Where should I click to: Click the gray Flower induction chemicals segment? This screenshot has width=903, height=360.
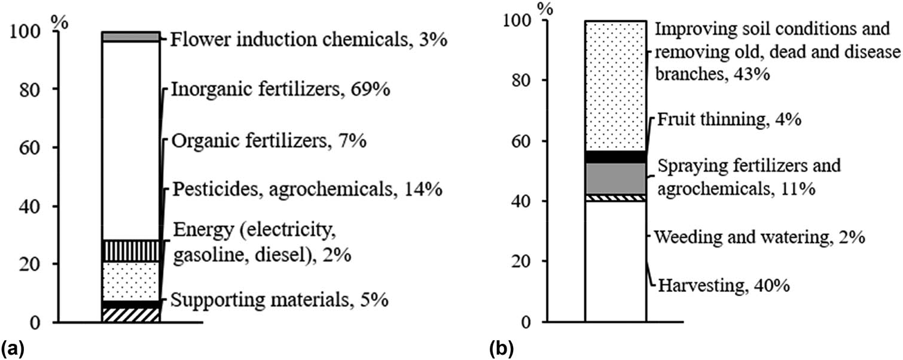pos(131,37)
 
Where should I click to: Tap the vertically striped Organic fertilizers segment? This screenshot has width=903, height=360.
pos(131,251)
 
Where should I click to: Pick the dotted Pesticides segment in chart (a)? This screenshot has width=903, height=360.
pos(131,281)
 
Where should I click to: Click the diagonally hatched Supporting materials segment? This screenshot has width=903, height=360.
pos(131,315)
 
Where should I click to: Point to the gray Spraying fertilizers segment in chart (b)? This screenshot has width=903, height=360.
pos(615,178)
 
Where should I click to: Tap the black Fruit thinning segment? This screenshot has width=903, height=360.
pos(615,157)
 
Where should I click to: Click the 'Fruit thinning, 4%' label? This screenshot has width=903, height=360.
pos(728,120)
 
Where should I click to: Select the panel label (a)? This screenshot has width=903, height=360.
pos(13,346)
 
